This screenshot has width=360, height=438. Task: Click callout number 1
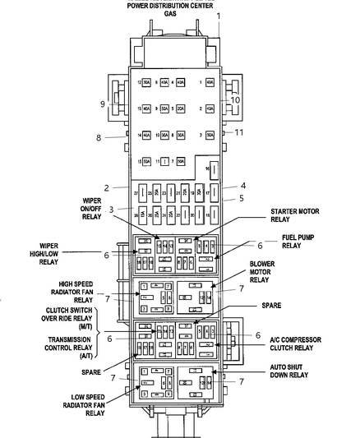(x=219, y=16)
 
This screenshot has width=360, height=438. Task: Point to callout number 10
(x=235, y=99)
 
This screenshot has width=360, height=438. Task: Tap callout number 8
(x=99, y=137)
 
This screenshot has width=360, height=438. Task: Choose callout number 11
(x=240, y=132)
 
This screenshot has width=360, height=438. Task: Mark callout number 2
(x=106, y=187)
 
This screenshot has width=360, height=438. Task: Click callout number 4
(x=243, y=186)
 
